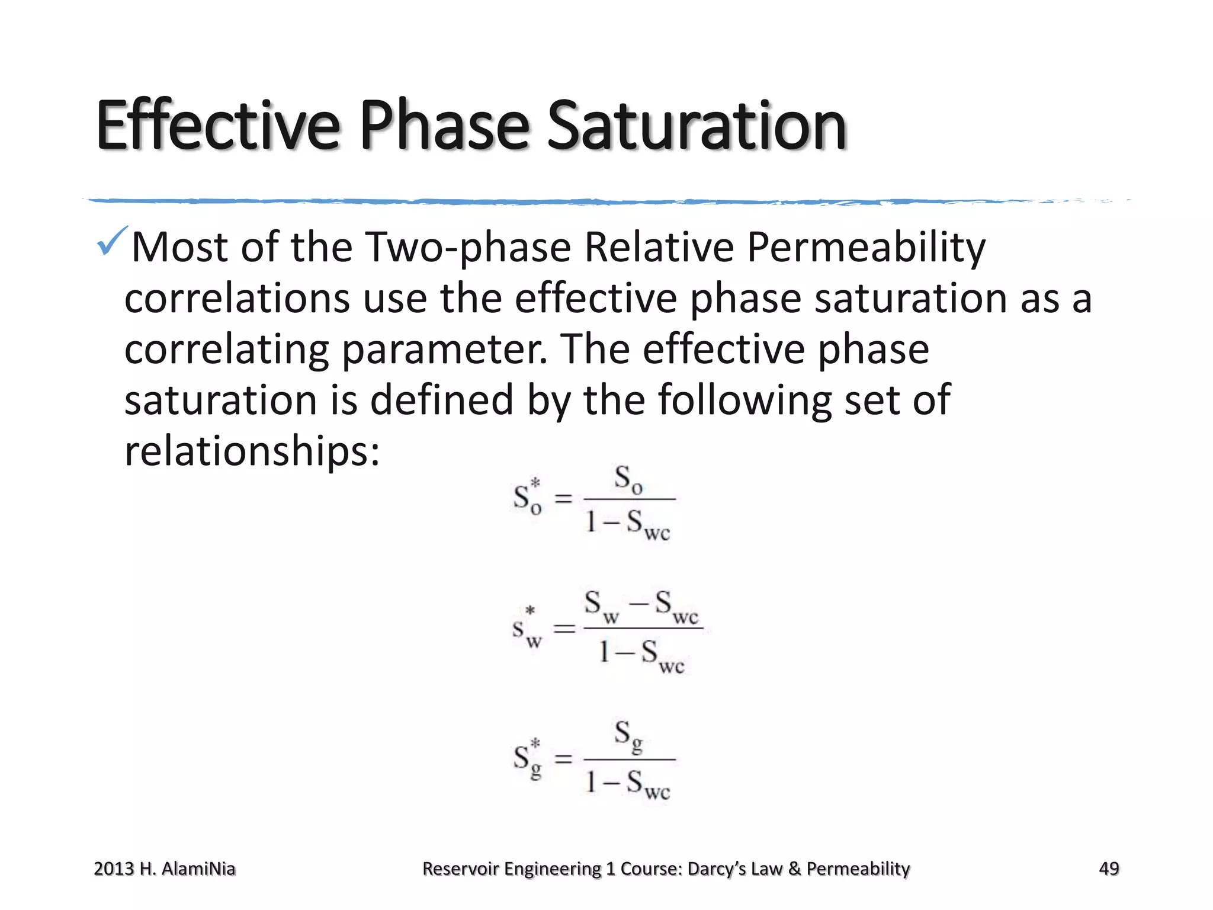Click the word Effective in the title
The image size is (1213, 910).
218,126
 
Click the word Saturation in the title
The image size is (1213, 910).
697,126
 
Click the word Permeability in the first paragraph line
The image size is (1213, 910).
866,247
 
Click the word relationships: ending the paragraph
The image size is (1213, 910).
252,451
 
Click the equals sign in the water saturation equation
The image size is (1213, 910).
564,629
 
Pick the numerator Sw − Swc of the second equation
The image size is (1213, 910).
642,605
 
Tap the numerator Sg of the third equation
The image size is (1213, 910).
628,736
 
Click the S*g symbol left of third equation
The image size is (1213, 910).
527,760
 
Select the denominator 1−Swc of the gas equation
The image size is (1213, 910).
628,784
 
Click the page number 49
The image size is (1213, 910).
1109,869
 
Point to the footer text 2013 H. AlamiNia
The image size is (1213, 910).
165,869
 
